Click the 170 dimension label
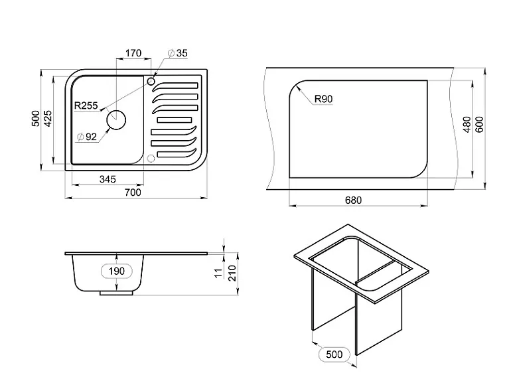coord(133,52)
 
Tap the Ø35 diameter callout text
coord(177,53)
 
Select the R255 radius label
coord(86,106)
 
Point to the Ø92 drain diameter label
coord(87,137)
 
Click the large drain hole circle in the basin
coord(116,120)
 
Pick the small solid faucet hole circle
coord(151,81)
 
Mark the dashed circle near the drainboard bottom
coord(151,159)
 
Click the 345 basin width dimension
coord(108,179)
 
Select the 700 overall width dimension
coord(133,193)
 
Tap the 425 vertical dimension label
coord(48,118)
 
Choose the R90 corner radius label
coord(323,99)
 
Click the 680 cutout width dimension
coord(353,200)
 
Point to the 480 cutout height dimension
coord(467,125)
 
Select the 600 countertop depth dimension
coord(480,125)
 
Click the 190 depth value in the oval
coord(117,271)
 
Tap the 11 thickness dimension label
coord(219,273)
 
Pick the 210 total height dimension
coord(232,273)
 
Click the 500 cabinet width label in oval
coord(334,354)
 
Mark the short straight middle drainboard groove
coord(175,120)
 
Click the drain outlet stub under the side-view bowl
coord(116,293)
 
